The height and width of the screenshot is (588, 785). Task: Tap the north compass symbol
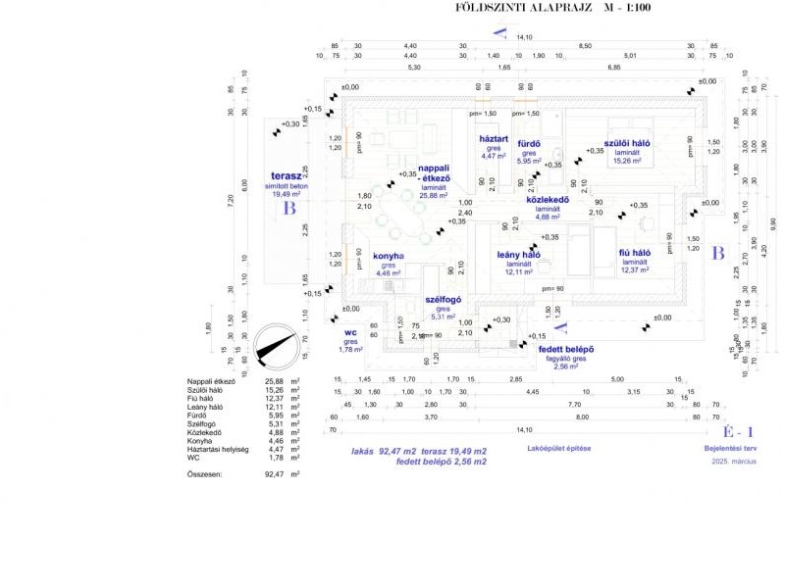pos(276,345)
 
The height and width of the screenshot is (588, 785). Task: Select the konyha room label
pos(388,257)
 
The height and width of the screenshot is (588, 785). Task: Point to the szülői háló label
pos(628,143)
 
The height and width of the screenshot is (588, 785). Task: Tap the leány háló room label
pos(518,256)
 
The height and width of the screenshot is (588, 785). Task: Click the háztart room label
pos(494,139)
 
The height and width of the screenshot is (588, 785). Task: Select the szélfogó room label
pos(444,300)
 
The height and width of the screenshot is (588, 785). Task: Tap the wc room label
pos(350,333)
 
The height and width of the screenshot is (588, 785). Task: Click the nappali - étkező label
pos(434,173)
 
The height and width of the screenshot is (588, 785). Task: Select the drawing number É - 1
pos(737,431)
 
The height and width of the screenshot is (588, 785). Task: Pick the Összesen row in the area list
pos(208,474)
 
